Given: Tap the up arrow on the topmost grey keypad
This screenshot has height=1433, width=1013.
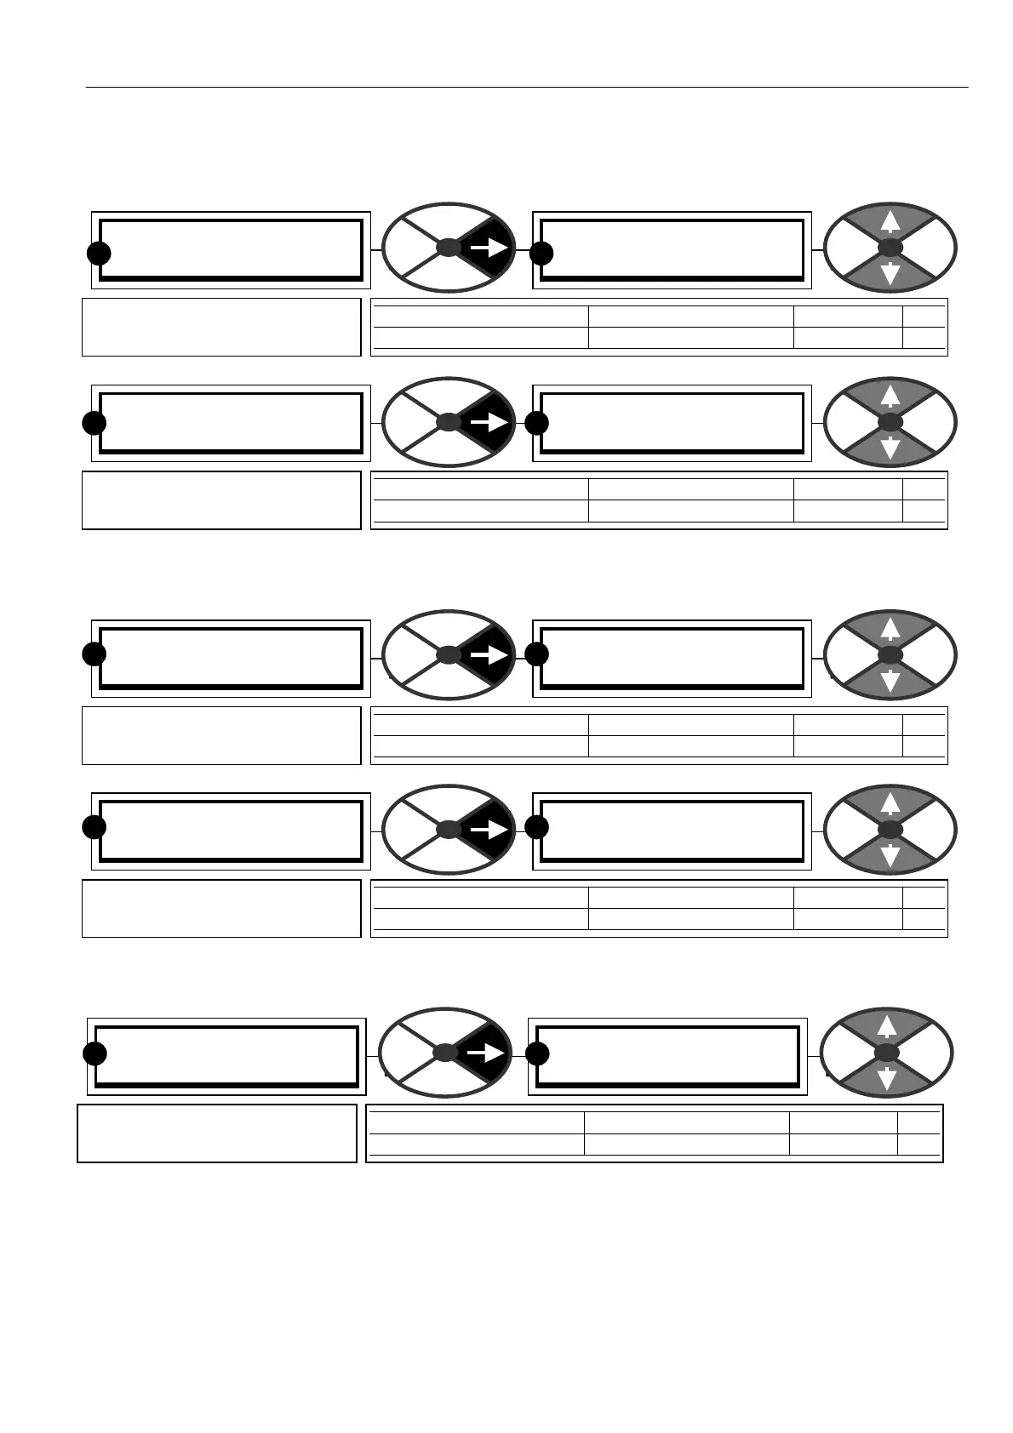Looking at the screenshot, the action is click(x=890, y=222).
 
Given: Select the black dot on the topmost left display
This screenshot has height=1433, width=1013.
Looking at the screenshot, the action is click(x=99, y=253).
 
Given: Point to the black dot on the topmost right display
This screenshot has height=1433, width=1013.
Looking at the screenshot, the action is click(x=540, y=253).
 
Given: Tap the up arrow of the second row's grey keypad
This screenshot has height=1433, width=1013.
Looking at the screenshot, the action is click(x=890, y=396).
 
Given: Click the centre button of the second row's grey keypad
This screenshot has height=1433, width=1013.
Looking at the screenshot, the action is click(x=890, y=422).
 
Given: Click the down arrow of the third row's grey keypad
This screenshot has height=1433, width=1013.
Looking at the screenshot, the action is click(x=890, y=682).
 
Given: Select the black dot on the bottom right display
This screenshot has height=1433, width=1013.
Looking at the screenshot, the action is click(x=535, y=1053).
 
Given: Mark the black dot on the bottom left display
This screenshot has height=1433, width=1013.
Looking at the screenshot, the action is click(x=94, y=1053).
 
